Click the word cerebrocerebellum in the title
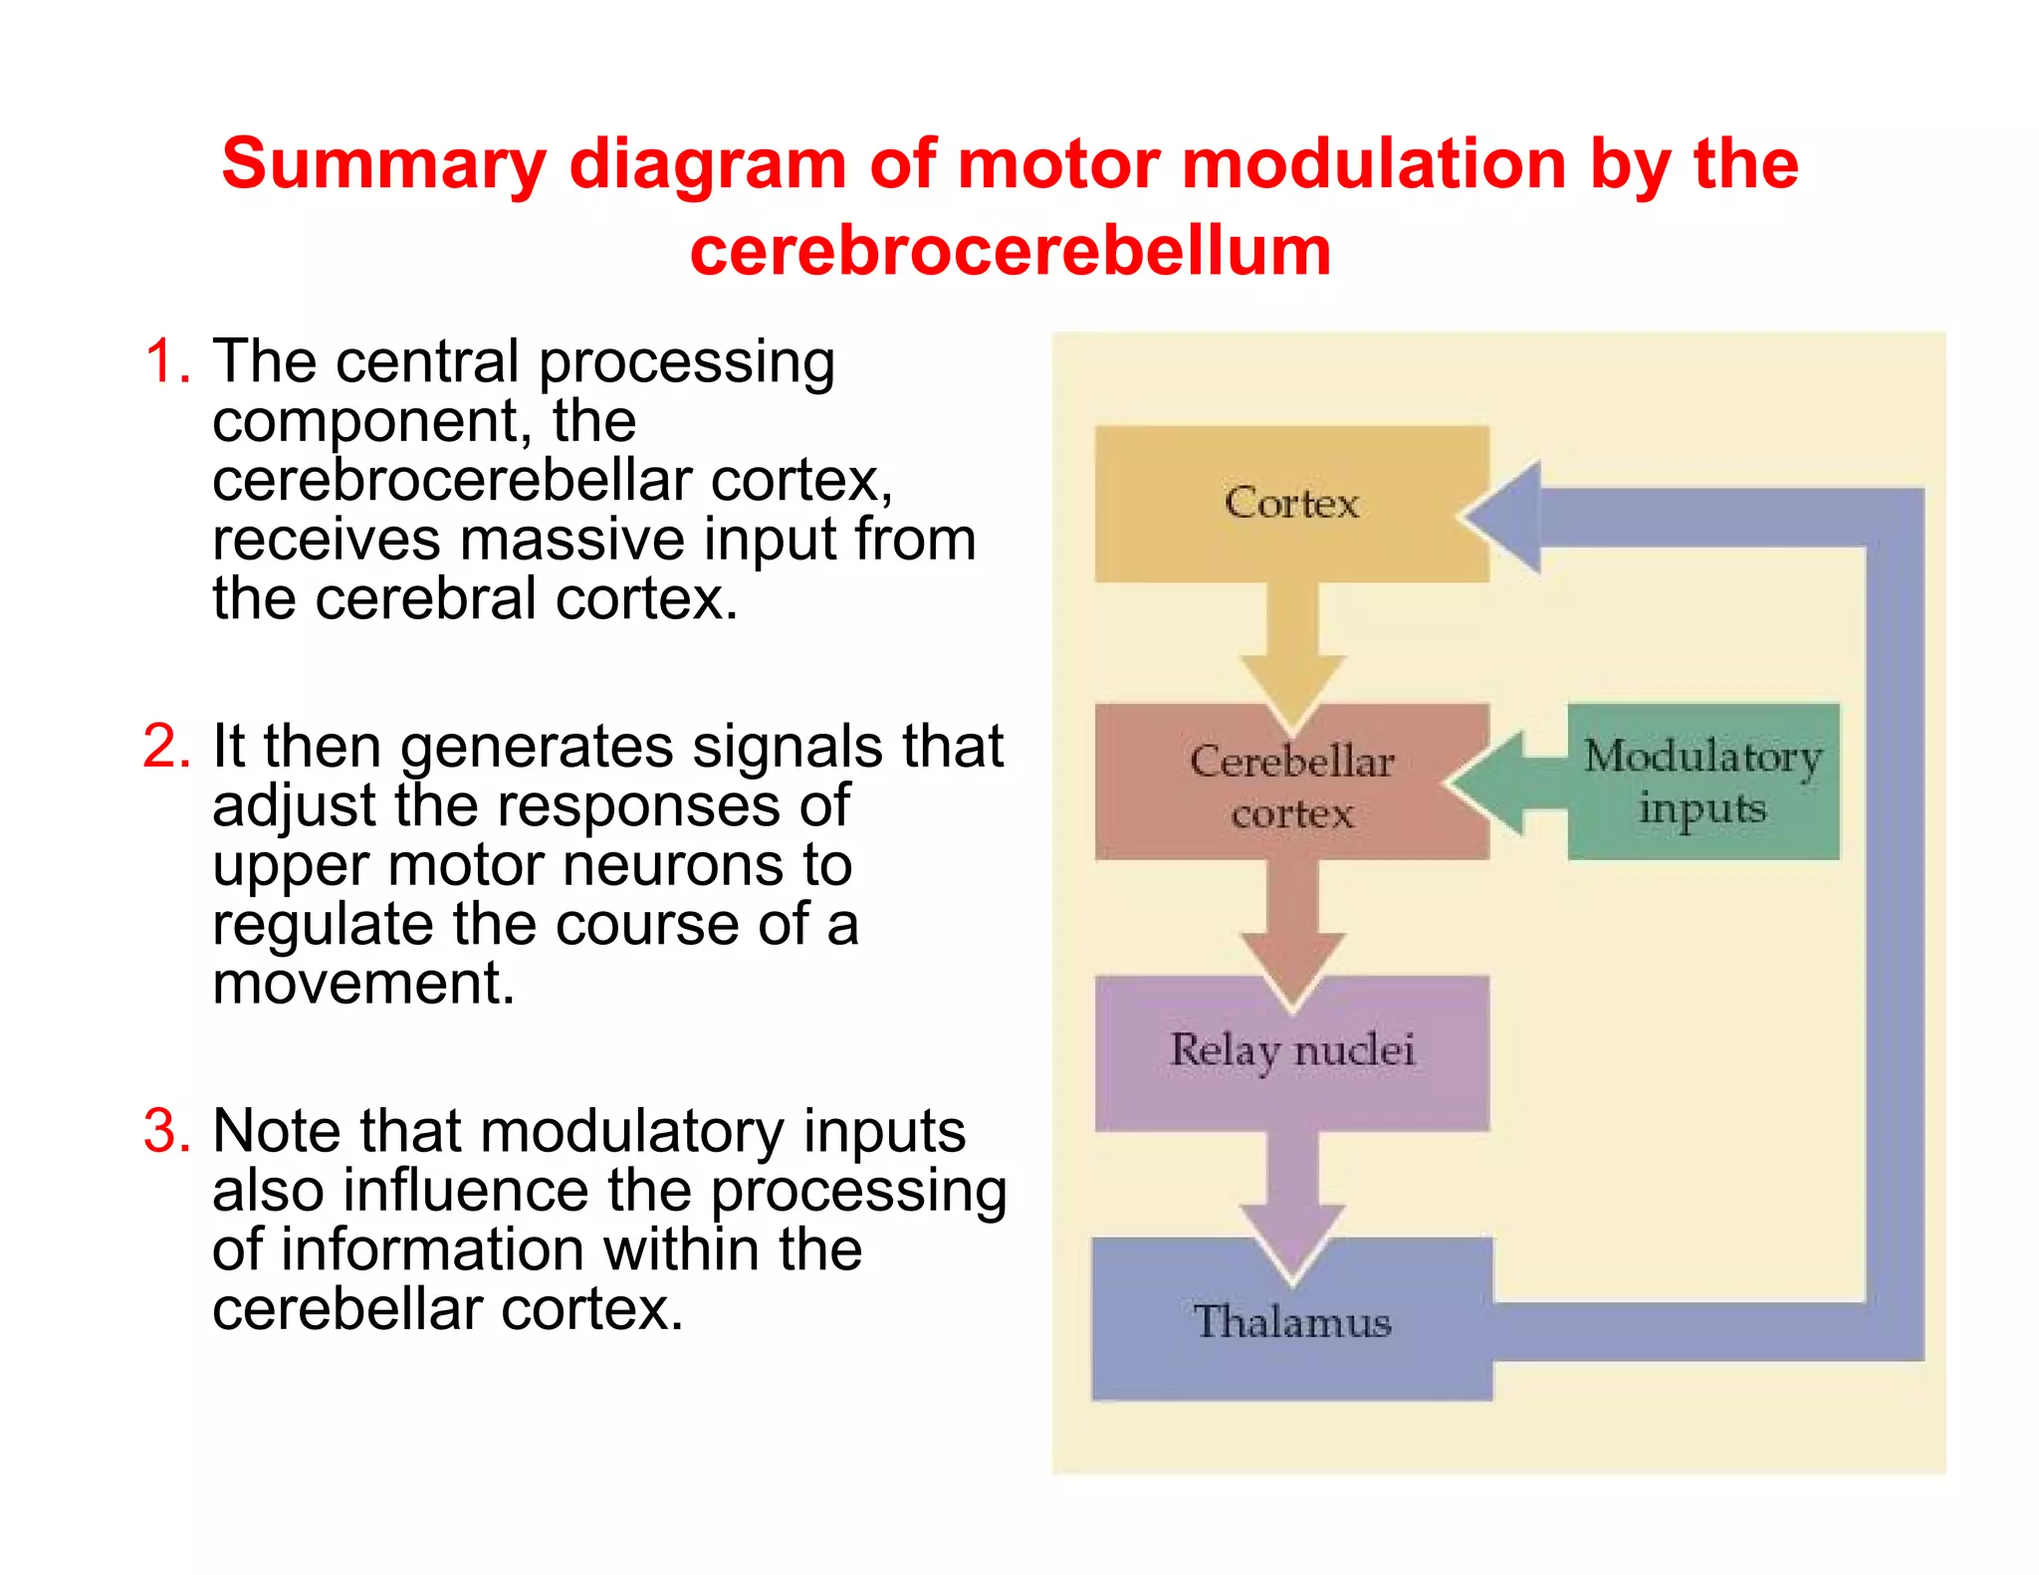pyautogui.click(x=1010, y=250)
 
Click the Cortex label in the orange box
pyautogui.click(x=1291, y=503)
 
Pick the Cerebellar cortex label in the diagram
pyautogui.click(x=1291, y=787)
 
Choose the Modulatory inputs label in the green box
pyautogui.click(x=1702, y=782)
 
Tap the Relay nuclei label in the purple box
pyautogui.click(x=1291, y=1050)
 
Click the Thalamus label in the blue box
pyautogui.click(x=1291, y=1322)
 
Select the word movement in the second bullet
pyautogui.click(x=363, y=983)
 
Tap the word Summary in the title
pyautogui.click(x=383, y=164)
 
